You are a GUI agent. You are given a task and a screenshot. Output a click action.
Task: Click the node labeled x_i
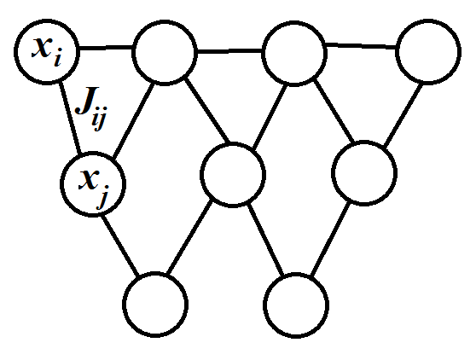tap(47, 51)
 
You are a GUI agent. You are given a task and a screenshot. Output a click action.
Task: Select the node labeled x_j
tap(93, 184)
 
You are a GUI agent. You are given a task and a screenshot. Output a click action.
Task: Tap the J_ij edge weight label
tap(90, 107)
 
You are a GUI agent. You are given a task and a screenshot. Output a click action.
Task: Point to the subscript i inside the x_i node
tap(57, 60)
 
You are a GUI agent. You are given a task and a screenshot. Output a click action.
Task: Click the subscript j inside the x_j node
tap(102, 197)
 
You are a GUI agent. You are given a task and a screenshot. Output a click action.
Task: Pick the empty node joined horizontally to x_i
tap(164, 53)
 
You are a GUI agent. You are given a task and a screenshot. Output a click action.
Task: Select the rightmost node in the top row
tap(428, 51)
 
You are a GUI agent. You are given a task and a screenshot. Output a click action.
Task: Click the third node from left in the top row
tap(294, 54)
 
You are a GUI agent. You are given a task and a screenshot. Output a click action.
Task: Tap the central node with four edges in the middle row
tap(233, 175)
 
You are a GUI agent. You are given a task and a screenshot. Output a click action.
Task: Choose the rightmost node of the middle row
tap(364, 173)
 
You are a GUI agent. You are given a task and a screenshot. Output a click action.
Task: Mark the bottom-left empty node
tap(155, 305)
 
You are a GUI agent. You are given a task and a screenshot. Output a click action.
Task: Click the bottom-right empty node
tap(296, 305)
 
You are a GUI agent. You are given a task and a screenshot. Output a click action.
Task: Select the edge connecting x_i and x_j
tap(70, 118)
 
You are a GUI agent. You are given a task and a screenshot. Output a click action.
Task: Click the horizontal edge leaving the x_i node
tap(106, 48)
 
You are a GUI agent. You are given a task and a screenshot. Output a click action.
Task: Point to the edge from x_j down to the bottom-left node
tap(120, 246)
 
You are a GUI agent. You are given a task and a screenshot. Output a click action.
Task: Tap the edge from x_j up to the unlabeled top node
tap(133, 120)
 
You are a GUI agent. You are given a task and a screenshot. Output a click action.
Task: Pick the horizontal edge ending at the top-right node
tap(361, 46)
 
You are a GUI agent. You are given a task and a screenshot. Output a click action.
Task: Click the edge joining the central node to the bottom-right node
tap(266, 240)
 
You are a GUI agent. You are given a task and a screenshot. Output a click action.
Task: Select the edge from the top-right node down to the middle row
tap(403, 114)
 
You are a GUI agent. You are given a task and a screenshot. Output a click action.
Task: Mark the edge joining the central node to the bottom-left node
tap(190, 237)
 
